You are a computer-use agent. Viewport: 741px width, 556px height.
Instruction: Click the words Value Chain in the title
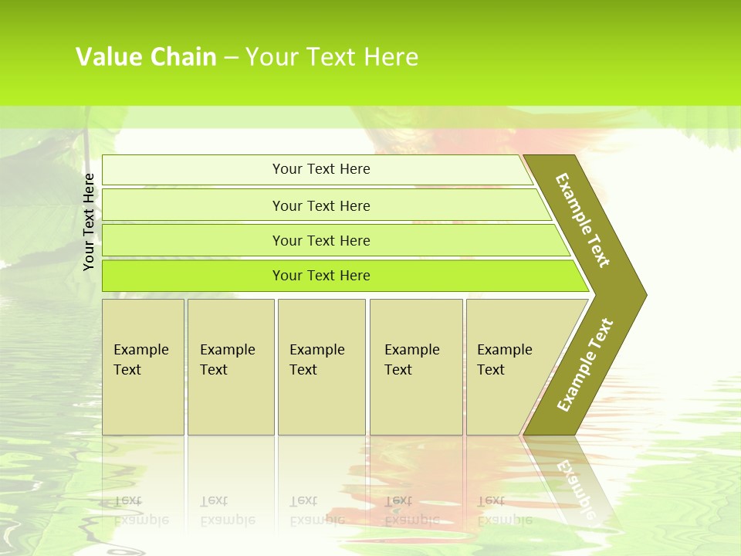[x=146, y=57]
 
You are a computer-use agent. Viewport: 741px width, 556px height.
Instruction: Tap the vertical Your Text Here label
[x=90, y=222]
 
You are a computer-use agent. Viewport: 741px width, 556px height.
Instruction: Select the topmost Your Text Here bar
[x=320, y=169]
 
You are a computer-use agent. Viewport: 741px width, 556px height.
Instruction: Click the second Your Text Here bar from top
[x=320, y=205]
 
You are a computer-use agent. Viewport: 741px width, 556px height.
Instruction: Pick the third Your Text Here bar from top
[x=320, y=240]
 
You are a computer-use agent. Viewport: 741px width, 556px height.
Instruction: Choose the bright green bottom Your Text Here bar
[x=320, y=276]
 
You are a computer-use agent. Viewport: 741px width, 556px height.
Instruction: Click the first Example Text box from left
[x=143, y=367]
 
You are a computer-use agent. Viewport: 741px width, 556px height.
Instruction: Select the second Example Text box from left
[x=230, y=367]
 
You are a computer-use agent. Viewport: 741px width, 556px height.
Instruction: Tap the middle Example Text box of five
[x=320, y=367]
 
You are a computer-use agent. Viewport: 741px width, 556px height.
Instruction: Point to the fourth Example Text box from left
[x=415, y=367]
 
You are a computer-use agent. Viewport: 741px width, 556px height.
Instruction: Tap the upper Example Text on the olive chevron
[x=583, y=220]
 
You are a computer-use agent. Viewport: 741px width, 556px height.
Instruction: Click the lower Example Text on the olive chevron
[x=584, y=365]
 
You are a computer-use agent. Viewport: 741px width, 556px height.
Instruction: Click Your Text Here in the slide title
[x=332, y=57]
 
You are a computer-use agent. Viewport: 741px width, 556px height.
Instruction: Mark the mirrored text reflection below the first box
[x=141, y=510]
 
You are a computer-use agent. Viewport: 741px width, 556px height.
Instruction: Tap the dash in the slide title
[x=231, y=58]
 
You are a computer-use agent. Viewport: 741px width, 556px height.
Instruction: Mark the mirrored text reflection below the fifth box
[x=504, y=510]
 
